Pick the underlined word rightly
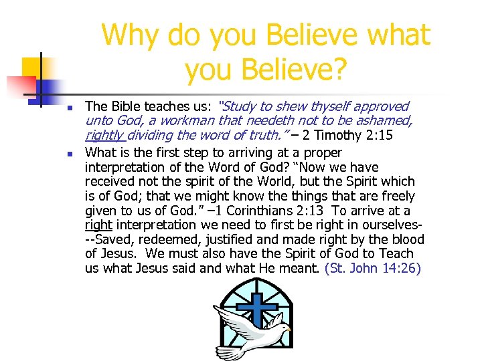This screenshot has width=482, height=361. coord(105,135)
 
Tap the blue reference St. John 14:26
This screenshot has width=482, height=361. coord(373,269)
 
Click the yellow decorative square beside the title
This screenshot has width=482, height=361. coord(33,68)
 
